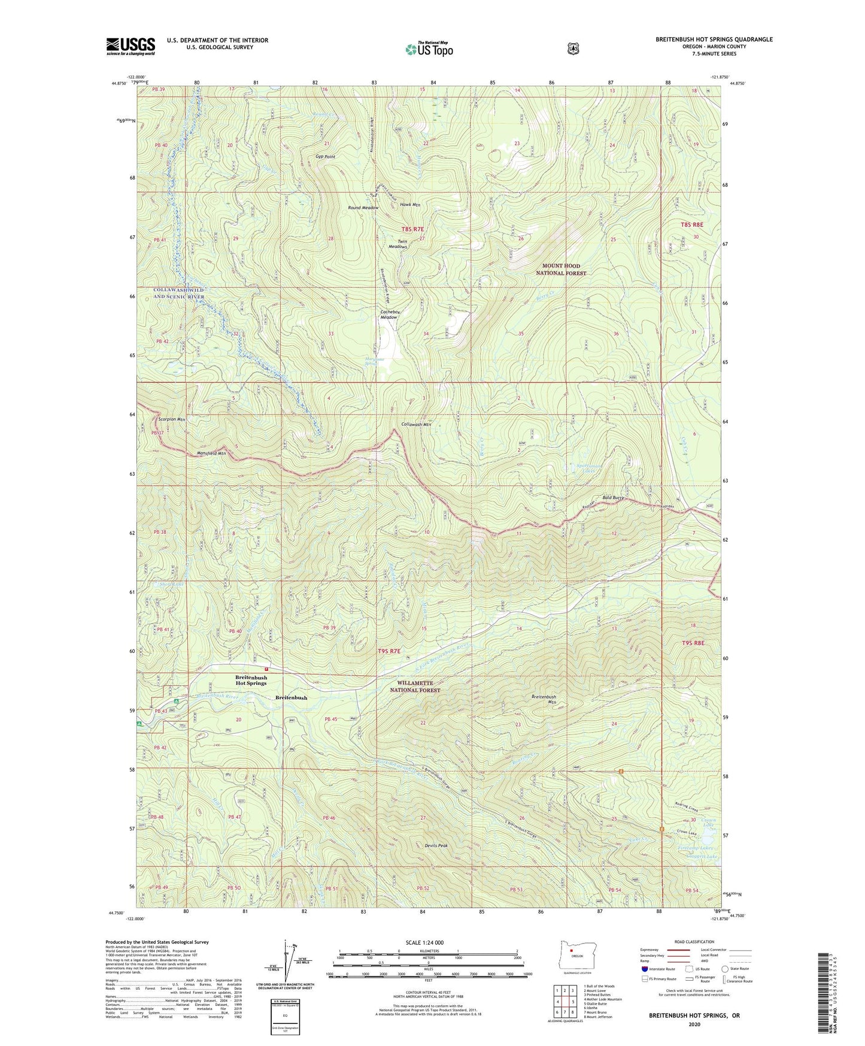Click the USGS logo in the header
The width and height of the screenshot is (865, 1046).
tap(130, 46)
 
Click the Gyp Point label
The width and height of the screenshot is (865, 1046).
tap(326, 157)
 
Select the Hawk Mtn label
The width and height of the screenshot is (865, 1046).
tap(410, 205)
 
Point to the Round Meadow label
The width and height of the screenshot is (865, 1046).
tap(363, 208)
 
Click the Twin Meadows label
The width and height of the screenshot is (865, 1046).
tap(397, 244)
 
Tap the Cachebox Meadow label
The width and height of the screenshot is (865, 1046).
tap(390, 315)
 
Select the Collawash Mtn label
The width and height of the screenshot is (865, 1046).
tap(416, 424)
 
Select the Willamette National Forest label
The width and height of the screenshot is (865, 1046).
tap(415, 687)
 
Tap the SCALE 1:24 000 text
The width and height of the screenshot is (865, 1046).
tap(424, 942)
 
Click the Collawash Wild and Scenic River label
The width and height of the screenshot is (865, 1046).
tap(178, 293)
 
